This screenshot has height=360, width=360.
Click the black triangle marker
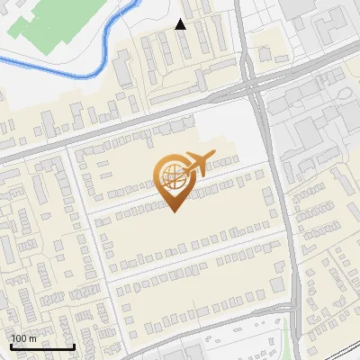click(x=181, y=24)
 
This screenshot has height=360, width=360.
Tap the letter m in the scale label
click(x=33, y=338)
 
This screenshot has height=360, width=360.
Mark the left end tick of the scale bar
click(x=11, y=346)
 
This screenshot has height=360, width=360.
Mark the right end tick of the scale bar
click(x=74, y=346)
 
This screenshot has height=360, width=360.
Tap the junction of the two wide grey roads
click(x=254, y=90)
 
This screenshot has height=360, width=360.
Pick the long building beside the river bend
click(x=124, y=67)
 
